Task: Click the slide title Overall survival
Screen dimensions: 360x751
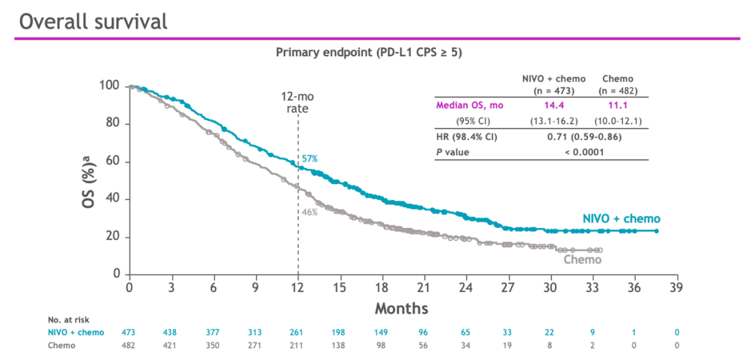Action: pyautogui.click(x=93, y=21)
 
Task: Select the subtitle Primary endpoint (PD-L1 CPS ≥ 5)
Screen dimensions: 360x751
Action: pyautogui.click(x=369, y=52)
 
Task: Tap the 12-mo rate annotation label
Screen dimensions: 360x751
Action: pyautogui.click(x=298, y=102)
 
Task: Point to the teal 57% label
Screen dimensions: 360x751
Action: pyautogui.click(x=309, y=159)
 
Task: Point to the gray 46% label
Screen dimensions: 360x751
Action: pyautogui.click(x=309, y=212)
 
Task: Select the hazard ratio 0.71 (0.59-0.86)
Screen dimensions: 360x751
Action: pyautogui.click(x=585, y=136)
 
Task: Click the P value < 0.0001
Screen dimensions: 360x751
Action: pyautogui.click(x=585, y=152)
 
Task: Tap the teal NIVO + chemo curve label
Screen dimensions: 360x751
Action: pyautogui.click(x=621, y=218)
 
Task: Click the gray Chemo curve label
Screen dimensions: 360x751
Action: pyautogui.click(x=582, y=260)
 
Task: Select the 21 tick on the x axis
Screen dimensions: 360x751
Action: pyautogui.click(x=424, y=287)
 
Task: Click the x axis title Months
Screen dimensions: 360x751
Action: pyautogui.click(x=402, y=307)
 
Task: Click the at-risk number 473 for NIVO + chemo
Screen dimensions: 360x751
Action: pyautogui.click(x=129, y=332)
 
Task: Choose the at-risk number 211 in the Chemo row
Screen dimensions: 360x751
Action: pyautogui.click(x=298, y=345)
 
